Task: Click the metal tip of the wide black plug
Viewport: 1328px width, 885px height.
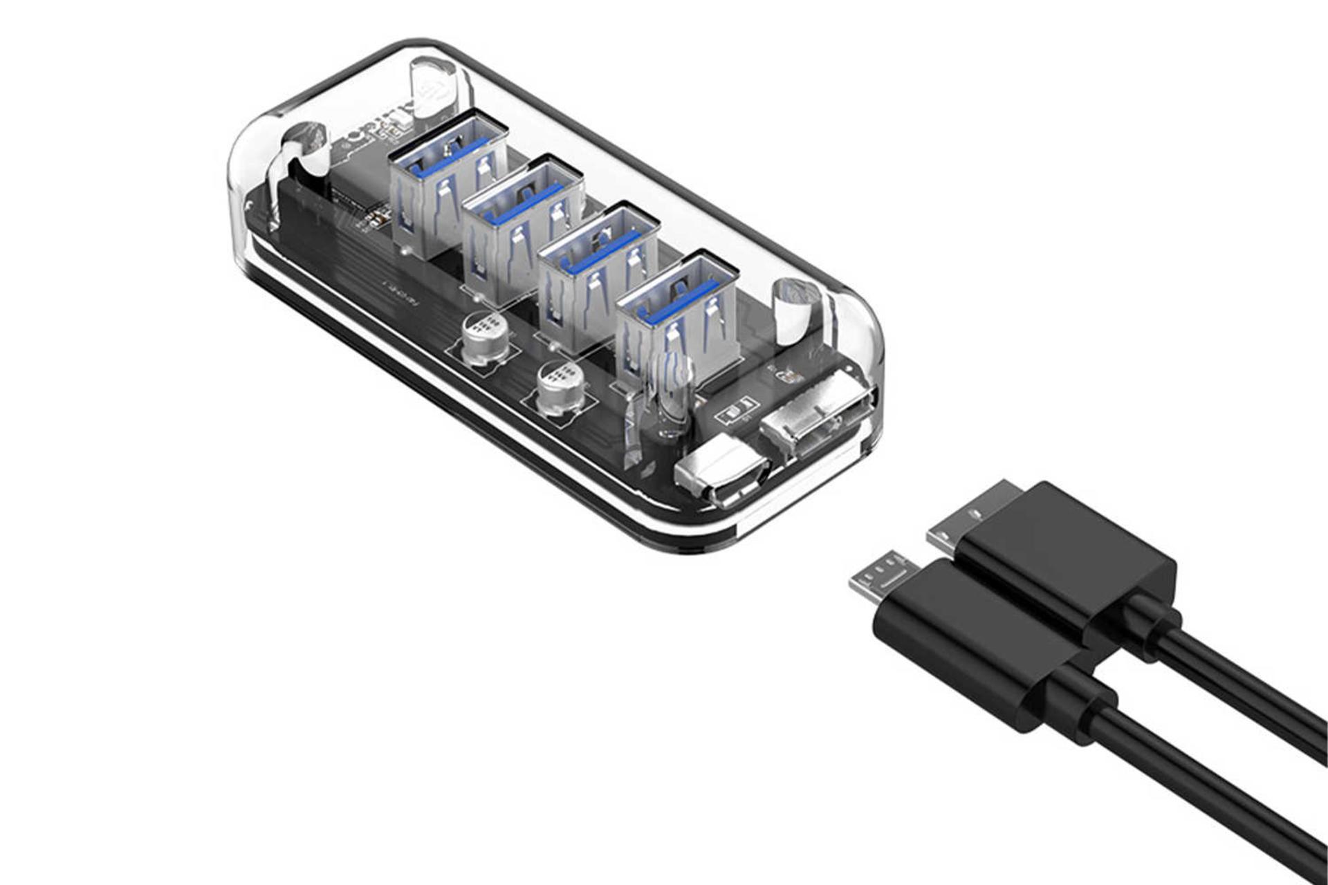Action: [x=968, y=515]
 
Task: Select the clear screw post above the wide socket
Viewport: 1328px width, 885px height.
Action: [x=795, y=311]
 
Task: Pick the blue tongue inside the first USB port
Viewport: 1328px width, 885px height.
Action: [x=443, y=160]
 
